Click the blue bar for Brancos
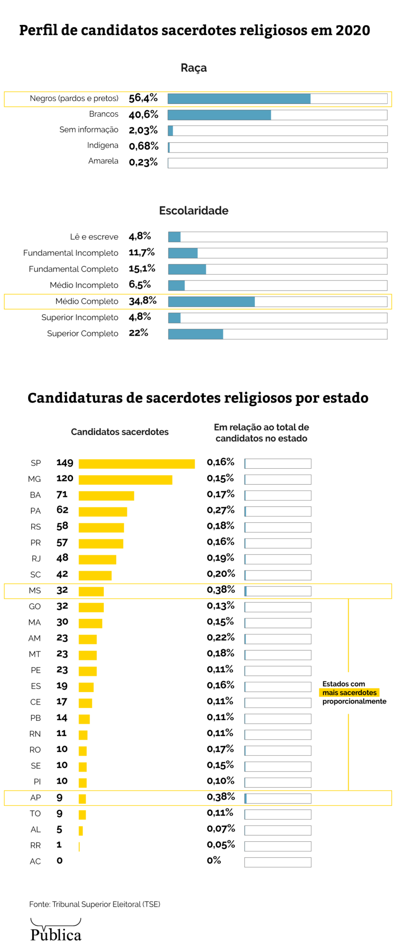[219, 115]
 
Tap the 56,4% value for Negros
[143, 98]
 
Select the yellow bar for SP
[137, 464]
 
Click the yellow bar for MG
[125, 480]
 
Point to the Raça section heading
[194, 68]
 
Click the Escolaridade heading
[194, 211]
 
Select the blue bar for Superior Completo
[195, 334]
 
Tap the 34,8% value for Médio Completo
[143, 301]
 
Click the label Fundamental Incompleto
[71, 253]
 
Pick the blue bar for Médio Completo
[212, 301]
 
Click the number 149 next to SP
[65, 463]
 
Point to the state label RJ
[36, 559]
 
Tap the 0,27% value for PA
[221, 510]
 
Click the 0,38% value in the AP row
[221, 797]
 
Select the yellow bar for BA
[106, 496]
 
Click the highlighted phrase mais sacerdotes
[350, 692]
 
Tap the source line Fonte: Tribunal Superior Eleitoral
[95, 904]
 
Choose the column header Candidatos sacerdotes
[120, 432]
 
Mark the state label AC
[35, 862]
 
